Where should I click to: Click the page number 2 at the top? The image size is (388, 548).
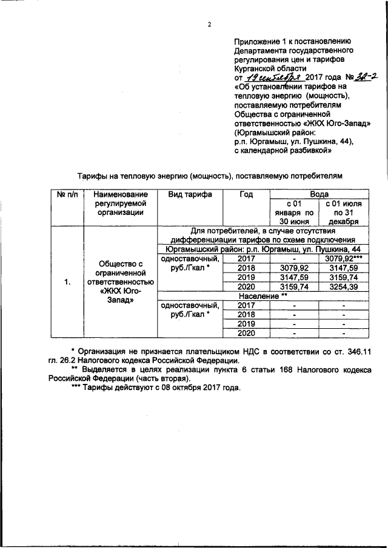point(209,25)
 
